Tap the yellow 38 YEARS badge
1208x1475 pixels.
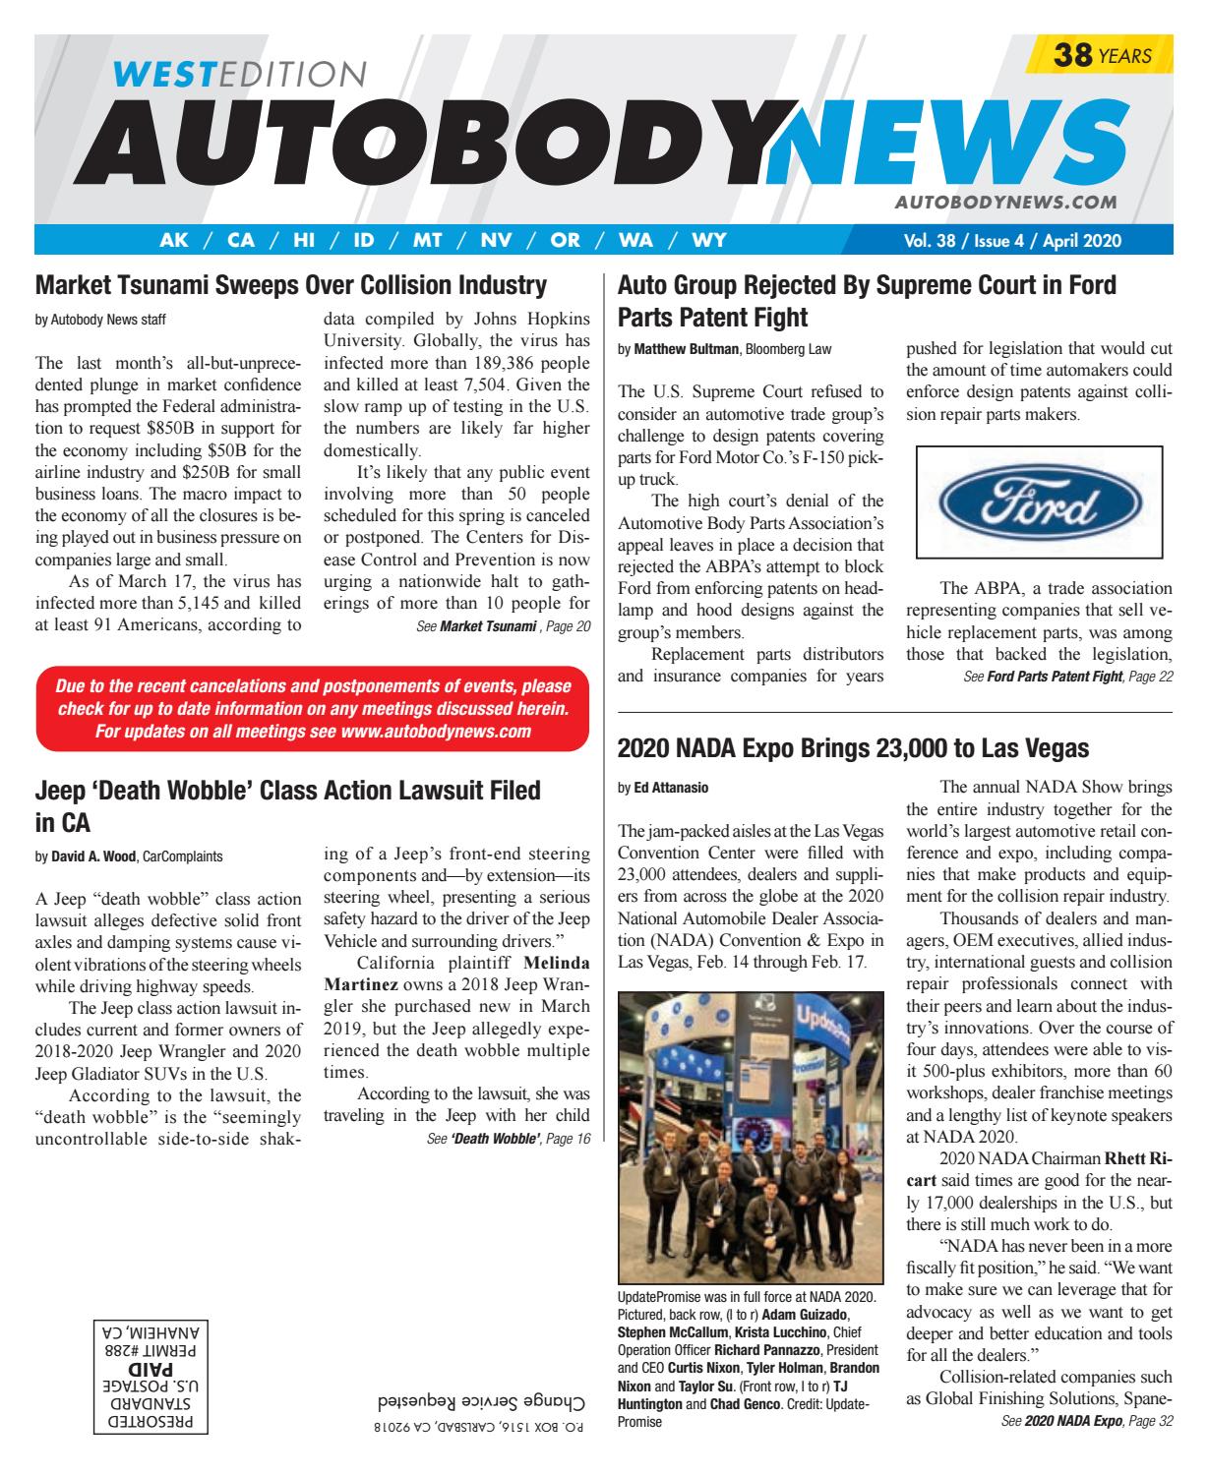pyautogui.click(x=1100, y=56)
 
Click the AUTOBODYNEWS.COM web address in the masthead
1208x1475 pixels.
pyautogui.click(x=1005, y=202)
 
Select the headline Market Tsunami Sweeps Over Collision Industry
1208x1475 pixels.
pyautogui.click(x=290, y=286)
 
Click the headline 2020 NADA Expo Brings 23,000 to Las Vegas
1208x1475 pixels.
pyautogui.click(x=853, y=748)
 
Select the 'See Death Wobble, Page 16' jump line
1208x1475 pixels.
pyautogui.click(x=502, y=1139)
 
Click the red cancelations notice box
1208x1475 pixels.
pyautogui.click(x=312, y=709)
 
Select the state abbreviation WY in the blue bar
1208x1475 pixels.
pyautogui.click(x=709, y=240)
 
